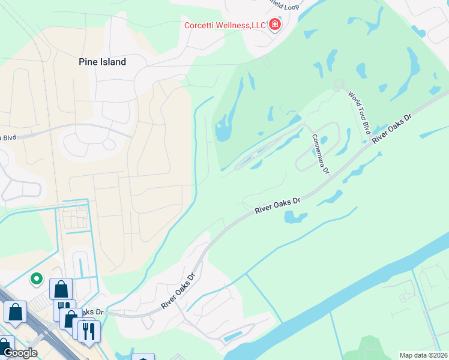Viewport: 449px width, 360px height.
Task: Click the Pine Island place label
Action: pyautogui.click(x=103, y=62)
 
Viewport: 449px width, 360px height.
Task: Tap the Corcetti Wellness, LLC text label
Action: pyautogui.click(x=224, y=25)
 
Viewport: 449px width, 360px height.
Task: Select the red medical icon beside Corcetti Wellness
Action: pyautogui.click(x=275, y=25)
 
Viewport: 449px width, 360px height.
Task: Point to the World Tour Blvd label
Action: pyautogui.click(x=359, y=112)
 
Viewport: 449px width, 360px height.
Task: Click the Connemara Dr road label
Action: pyautogui.click(x=321, y=154)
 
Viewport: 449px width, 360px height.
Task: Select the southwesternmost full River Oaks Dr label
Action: pyautogui.click(x=179, y=292)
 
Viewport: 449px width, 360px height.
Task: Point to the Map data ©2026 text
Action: pyautogui.click(x=424, y=355)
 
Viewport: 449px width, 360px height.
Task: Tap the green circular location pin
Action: pyautogui.click(x=36, y=278)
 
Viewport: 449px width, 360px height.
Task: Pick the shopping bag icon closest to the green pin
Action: pyautogui.click(x=61, y=289)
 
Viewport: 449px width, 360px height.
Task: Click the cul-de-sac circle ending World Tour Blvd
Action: pyautogui.click(x=339, y=85)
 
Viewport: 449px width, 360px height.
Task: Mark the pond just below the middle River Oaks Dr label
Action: pyautogui.click(x=293, y=217)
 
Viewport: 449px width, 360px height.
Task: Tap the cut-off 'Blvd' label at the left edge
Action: pyautogui.click(x=8, y=137)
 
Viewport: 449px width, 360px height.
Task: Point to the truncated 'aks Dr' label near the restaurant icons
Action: pyautogui.click(x=93, y=312)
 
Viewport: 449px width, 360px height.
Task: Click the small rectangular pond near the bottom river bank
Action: pyautogui.click(x=233, y=337)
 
